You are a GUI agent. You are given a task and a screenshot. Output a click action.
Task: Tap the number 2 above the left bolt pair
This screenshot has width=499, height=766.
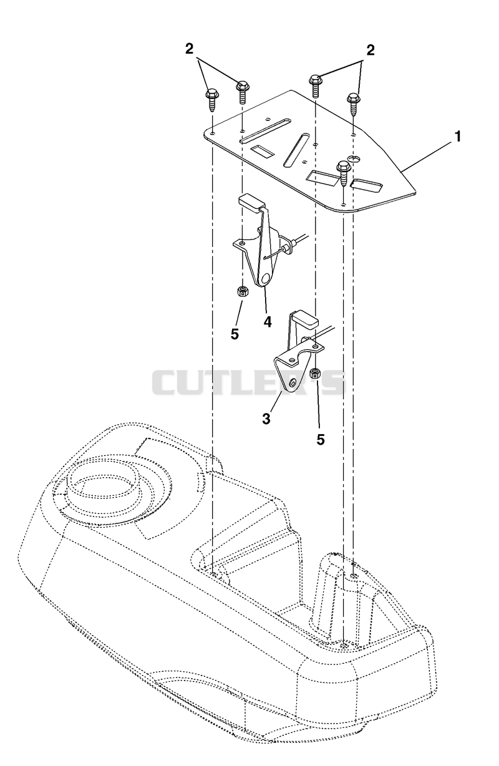tap(189, 49)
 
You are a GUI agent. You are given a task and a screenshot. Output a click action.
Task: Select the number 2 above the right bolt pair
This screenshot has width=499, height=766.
tap(370, 51)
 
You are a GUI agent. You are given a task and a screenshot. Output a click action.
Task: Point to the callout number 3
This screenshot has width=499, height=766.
tap(266, 419)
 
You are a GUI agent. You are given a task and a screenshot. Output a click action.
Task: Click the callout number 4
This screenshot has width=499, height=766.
tap(268, 322)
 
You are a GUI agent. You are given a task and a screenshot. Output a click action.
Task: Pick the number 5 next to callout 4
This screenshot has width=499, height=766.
tap(235, 334)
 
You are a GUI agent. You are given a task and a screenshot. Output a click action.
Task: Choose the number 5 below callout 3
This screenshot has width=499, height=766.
tap(321, 440)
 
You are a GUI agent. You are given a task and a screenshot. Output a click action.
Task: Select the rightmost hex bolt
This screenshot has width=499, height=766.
tap(354, 104)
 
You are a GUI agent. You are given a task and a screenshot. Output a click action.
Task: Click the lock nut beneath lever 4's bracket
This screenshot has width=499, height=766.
tap(243, 292)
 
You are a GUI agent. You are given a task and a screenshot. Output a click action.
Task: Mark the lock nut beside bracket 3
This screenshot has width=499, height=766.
tap(314, 374)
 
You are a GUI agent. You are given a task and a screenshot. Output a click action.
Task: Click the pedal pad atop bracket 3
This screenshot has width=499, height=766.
tap(306, 318)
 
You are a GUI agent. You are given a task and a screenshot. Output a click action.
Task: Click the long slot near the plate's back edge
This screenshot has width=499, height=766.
tap(265, 131)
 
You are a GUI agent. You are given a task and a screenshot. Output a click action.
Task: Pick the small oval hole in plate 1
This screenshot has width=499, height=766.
tap(352, 158)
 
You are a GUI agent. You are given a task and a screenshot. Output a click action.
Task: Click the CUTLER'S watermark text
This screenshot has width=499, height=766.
tap(248, 382)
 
